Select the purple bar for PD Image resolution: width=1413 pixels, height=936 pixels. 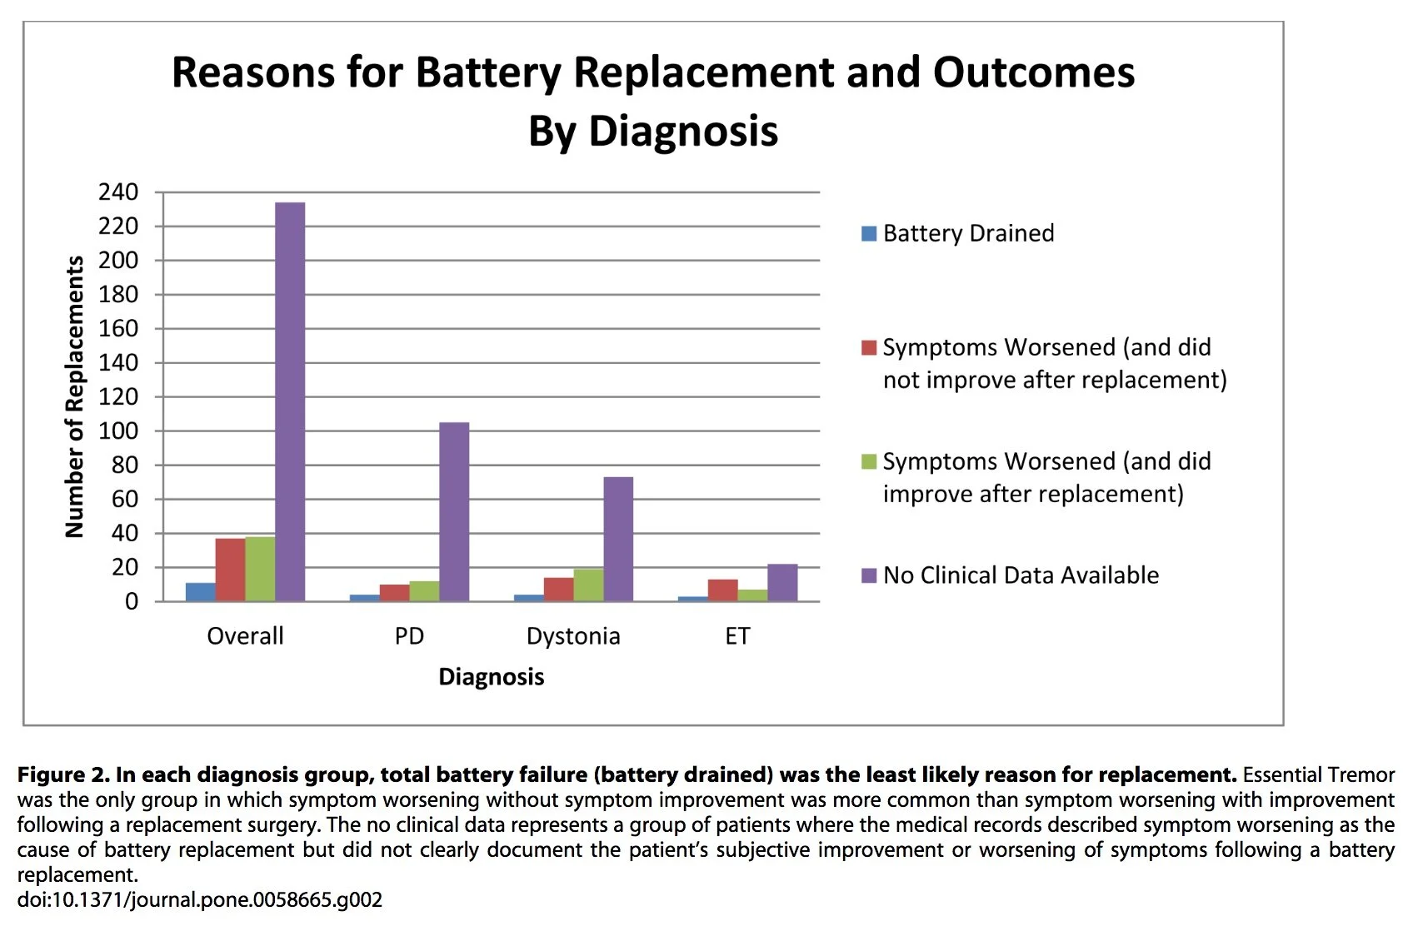[454, 511]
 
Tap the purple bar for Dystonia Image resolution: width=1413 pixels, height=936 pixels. [618, 539]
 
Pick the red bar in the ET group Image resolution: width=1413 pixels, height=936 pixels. [722, 590]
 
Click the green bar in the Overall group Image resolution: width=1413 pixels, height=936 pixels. [260, 569]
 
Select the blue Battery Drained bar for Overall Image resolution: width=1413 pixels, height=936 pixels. [200, 592]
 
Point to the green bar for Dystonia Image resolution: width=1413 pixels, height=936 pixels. [588, 585]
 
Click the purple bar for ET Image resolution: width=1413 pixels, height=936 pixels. [782, 583]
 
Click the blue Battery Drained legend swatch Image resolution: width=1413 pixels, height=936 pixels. [869, 233]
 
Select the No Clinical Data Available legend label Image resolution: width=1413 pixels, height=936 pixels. [1021, 575]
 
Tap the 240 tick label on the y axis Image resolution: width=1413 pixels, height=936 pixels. [118, 192]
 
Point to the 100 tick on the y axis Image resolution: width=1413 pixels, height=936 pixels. [118, 431]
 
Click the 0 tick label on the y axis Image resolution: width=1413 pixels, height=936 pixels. [132, 601]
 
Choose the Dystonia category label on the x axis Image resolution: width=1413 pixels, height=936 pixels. [573, 636]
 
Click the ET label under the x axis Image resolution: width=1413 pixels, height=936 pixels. [737, 636]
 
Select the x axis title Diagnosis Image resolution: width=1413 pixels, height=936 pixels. [492, 677]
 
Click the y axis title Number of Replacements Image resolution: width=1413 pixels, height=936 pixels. [75, 396]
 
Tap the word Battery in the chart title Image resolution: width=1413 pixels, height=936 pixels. [488, 72]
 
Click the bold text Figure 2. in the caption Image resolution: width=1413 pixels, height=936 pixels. [63, 775]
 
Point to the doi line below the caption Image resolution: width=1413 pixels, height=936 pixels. [200, 900]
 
